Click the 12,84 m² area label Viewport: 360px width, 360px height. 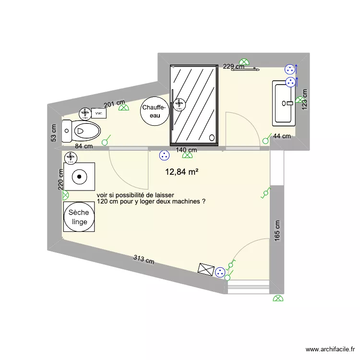182,171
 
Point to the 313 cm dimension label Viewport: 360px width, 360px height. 144,261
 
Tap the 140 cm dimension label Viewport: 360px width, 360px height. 186,150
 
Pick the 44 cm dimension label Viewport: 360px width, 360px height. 282,136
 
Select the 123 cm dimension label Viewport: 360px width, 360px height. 304,99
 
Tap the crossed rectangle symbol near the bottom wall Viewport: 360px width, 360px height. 206,269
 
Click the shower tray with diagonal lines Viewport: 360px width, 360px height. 195,105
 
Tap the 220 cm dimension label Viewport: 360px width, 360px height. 61,179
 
